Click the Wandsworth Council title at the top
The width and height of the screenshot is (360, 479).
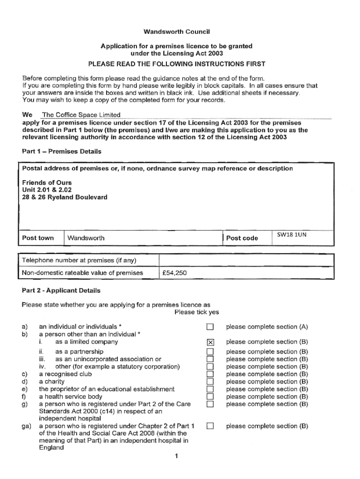tap(177, 32)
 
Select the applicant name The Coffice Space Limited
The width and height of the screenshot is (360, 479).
tap(81, 115)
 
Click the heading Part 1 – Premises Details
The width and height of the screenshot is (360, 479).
tap(62, 152)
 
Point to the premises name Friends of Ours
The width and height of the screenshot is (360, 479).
tap(47, 182)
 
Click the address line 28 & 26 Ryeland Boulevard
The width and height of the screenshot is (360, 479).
tap(65, 197)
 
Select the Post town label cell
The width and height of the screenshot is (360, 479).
tap(38, 238)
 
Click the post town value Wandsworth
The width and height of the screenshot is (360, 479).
tap(86, 238)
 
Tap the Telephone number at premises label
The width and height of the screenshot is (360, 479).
tap(79, 260)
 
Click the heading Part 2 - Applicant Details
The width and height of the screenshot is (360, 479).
tap(61, 290)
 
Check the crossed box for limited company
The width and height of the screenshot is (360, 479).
tap(210, 342)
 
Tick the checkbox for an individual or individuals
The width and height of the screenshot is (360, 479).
tap(210, 327)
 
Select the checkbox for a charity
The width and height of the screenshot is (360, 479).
tap(210, 382)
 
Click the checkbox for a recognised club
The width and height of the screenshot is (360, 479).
tap(210, 374)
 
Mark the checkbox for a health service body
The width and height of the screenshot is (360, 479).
tap(210, 397)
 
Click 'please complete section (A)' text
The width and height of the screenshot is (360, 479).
tap(267, 327)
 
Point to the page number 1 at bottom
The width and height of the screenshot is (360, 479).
tap(177, 457)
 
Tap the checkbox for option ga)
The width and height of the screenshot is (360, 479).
tap(210, 426)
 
